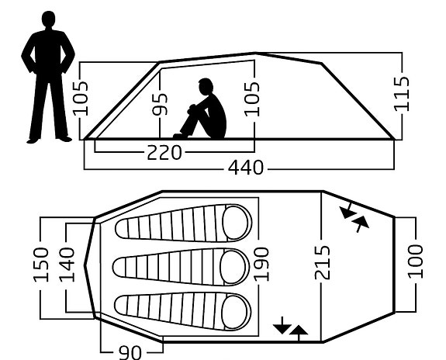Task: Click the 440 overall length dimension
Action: tap(246, 168)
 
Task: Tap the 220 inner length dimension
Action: tap(164, 153)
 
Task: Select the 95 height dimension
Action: tap(160, 104)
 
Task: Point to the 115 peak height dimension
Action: tap(402, 94)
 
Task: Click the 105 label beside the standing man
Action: tap(81, 99)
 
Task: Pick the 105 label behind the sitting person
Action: tap(252, 99)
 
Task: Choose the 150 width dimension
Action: tap(41, 265)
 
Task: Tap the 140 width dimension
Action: tap(67, 265)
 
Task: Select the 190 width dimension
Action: tap(261, 265)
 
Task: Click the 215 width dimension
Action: tap(323, 263)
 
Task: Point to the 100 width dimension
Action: tap(416, 261)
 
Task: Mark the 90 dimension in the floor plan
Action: tap(130, 353)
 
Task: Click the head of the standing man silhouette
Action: tap(48, 19)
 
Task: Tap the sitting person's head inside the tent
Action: tap(206, 87)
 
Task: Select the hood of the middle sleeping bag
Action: tap(234, 267)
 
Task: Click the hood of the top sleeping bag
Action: tap(237, 223)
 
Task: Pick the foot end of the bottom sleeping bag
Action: tap(123, 305)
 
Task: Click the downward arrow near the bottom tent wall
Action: tap(282, 325)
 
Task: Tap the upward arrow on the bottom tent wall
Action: tap(299, 333)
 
